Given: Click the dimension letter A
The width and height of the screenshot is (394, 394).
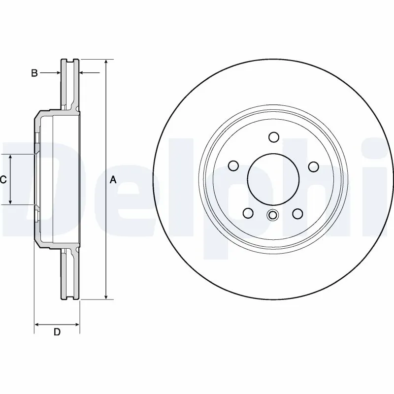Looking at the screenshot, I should pos(113,180).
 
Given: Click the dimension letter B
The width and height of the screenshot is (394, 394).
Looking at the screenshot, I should pos(34,73).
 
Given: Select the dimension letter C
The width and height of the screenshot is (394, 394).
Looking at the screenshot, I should pos(3,180).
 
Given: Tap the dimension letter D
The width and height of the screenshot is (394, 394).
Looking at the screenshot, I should pos(57,332).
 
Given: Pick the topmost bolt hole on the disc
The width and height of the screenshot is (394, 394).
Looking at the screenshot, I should pos(274,137).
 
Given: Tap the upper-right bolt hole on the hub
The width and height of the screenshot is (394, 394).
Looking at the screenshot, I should pos(313,166).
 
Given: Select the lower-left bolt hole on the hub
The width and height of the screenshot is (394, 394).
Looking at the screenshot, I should pos(248,213).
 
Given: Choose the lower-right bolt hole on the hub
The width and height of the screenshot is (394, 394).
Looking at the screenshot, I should pos(297,213).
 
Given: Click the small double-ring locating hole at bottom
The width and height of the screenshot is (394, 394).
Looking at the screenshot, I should pos(272,215).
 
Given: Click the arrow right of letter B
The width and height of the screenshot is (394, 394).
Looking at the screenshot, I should pos(55,73).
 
